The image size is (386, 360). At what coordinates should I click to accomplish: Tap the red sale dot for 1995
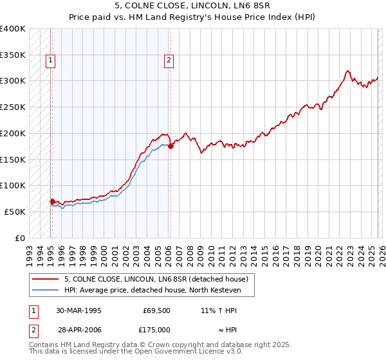tap(52, 201)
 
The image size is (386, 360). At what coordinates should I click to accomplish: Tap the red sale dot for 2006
tap(170, 147)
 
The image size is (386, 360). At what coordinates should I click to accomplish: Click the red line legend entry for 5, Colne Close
tap(160, 279)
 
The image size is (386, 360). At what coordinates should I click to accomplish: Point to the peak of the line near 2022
tap(347, 71)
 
